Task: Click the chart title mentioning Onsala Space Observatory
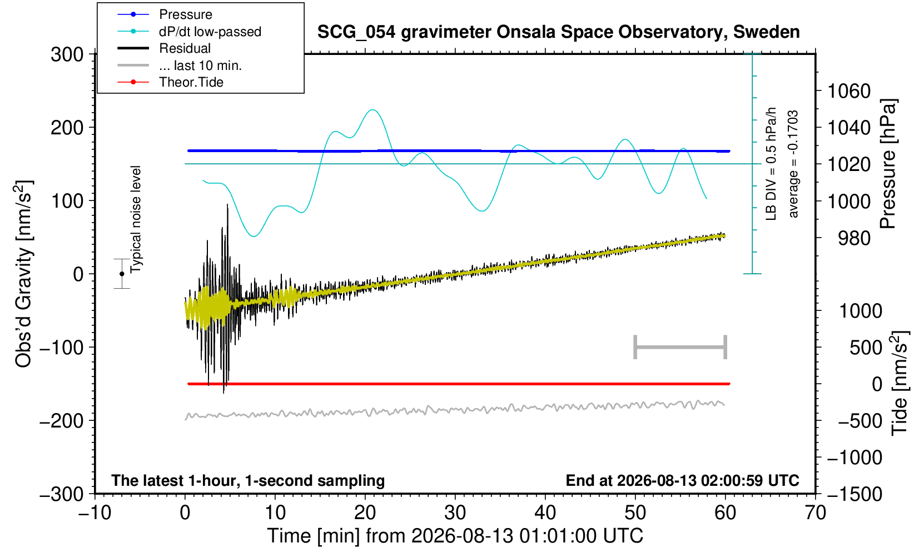[558, 32]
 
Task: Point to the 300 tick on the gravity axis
[67, 54]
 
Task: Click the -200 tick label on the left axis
[62, 420]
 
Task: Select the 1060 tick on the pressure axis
[849, 91]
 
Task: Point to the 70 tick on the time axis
[815, 513]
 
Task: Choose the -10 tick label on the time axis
[95, 513]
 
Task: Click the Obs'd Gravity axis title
[23, 274]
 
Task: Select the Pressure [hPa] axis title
[888, 164]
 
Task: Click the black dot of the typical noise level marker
[122, 274]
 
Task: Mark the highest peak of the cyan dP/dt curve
[372, 110]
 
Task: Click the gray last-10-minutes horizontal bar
[680, 347]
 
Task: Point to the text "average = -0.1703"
[793, 164]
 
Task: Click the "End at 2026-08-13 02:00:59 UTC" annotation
[682, 480]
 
